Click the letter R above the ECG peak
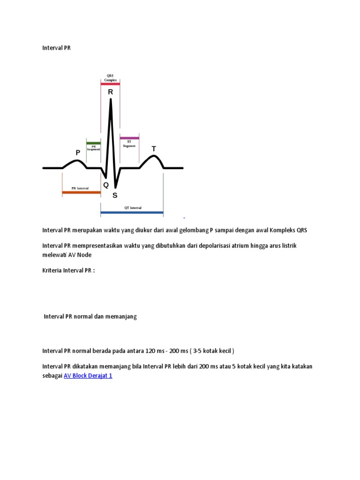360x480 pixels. pyautogui.click(x=111, y=92)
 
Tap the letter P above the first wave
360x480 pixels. pyautogui.click(x=78, y=153)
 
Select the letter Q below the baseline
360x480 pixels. pyautogui.click(x=106, y=185)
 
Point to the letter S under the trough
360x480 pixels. pyautogui.click(x=115, y=195)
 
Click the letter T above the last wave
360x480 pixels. pyautogui.click(x=153, y=149)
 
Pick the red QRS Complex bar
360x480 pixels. pyautogui.click(x=110, y=84)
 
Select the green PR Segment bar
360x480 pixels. pyautogui.click(x=93, y=143)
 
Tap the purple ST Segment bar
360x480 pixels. pyautogui.click(x=129, y=138)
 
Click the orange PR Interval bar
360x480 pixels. pyautogui.click(x=81, y=192)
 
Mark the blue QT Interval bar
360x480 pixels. pyautogui.click(x=132, y=213)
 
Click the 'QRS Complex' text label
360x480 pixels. pyautogui.click(x=111, y=78)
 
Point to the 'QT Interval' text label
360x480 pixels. pyautogui.click(x=133, y=207)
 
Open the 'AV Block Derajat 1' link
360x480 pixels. pyautogui.click(x=88, y=376)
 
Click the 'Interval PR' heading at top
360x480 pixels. pyautogui.click(x=56, y=48)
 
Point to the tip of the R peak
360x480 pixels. pyautogui.click(x=111, y=99)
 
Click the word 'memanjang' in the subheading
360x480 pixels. pyautogui.click(x=121, y=316)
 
